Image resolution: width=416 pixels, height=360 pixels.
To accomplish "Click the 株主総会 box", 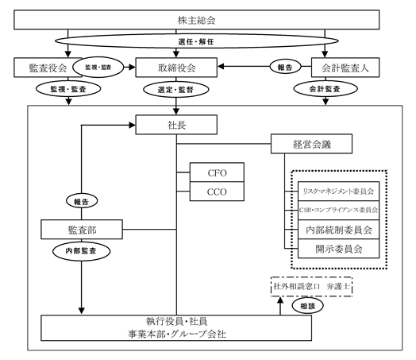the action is [x=196, y=20].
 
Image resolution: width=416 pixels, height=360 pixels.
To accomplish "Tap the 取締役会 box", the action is [x=176, y=68].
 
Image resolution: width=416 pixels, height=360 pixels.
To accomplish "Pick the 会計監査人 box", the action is [x=345, y=68].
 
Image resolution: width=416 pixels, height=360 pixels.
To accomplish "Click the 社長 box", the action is [x=176, y=125].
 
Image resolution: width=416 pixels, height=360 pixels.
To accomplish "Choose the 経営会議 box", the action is [x=311, y=144].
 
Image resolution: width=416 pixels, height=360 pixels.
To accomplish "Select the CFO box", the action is [x=217, y=172].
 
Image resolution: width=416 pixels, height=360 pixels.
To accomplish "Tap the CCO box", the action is [x=217, y=192].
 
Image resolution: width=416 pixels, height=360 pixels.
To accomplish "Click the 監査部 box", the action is [x=82, y=230].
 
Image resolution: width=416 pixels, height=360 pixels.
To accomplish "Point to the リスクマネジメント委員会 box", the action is [x=338, y=192].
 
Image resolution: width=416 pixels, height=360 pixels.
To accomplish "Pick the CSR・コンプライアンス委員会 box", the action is [x=338, y=211].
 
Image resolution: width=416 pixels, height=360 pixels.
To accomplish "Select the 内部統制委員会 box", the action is [x=338, y=230].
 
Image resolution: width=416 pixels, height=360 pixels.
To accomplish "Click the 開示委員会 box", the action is [x=338, y=249].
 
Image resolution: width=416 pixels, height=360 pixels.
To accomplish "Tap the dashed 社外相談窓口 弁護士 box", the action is [x=311, y=286].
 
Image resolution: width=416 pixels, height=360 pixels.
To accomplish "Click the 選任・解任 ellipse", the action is [x=197, y=41].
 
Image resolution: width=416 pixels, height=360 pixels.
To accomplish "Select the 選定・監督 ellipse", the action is [x=176, y=90].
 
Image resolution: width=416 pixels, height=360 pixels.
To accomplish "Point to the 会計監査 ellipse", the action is [x=325, y=89].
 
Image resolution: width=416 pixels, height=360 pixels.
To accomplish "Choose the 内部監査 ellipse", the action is [x=82, y=251].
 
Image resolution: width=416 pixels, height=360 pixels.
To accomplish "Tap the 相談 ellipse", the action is [x=308, y=306].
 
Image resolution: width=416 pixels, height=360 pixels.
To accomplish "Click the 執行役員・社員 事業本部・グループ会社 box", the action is [x=176, y=328].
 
